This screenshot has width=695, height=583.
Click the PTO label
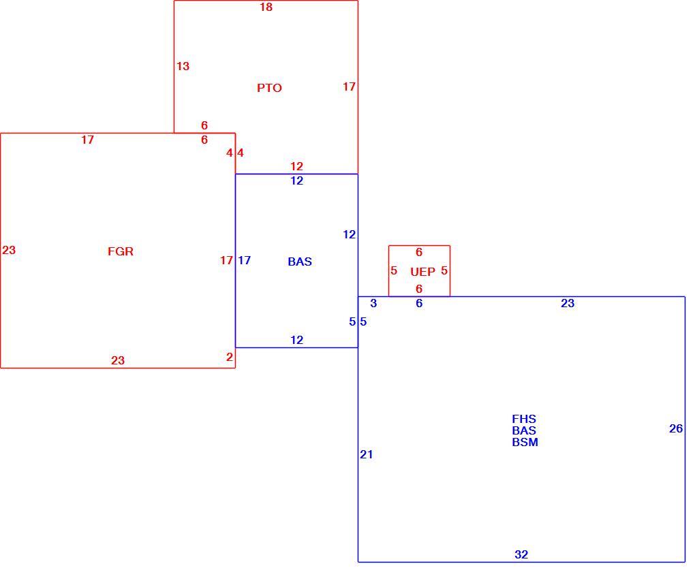pos(269,88)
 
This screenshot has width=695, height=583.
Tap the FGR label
pos(120,251)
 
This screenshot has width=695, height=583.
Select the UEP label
pos(422,272)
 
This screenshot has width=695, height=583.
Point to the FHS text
pos(523,419)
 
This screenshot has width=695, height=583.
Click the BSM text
pos(525,442)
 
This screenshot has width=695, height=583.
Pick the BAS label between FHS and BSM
pos(523,430)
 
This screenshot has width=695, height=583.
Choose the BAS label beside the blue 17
pos(300,262)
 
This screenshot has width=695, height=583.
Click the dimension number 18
pos(266,7)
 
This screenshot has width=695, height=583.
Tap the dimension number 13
pos(183,66)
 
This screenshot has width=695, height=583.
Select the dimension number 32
pos(521,554)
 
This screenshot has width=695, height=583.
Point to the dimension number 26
pos(675,428)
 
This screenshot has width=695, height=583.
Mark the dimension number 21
pos(366,454)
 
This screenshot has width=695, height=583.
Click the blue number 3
pos(373,303)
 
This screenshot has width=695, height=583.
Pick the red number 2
pos(229,357)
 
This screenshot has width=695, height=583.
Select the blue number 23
pos(568,303)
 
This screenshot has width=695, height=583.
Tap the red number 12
pos(296,166)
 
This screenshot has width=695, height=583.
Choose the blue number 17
pos(244,260)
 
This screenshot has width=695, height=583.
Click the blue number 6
pos(419,303)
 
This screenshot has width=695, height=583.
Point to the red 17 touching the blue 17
pos(226,260)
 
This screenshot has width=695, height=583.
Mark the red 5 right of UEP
pos(444,270)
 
